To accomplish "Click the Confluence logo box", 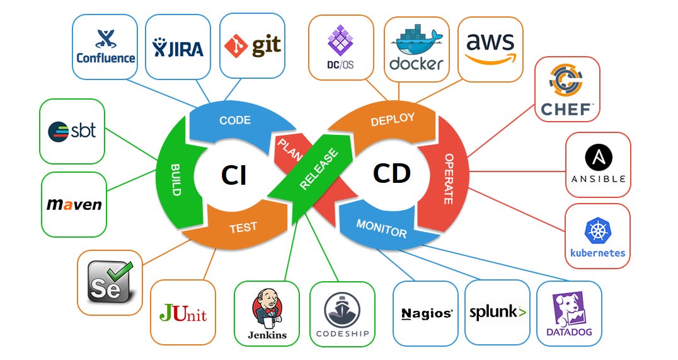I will tap(105, 47).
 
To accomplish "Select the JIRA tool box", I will tap(178, 47).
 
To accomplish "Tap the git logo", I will tap(252, 46).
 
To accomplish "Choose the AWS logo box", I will tap(490, 49).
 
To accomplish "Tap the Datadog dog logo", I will tap(569, 307).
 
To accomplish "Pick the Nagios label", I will tap(426, 313).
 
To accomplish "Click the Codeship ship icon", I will tap(342, 308).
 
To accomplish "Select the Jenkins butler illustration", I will tap(267, 307).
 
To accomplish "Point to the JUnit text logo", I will tap(183, 313).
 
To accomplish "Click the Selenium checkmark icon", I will tap(111, 281).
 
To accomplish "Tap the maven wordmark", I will tap(74, 205).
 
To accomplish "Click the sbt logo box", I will tap(72, 131).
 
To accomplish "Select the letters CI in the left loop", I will tap(233, 174).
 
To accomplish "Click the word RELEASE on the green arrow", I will tap(318, 169).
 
